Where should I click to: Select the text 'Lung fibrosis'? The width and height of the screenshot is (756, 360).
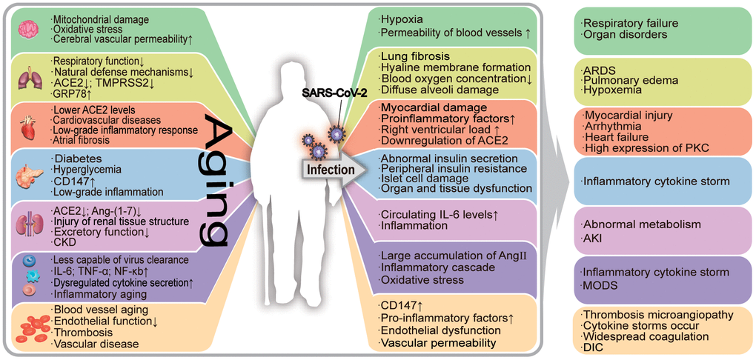click(415, 56)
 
